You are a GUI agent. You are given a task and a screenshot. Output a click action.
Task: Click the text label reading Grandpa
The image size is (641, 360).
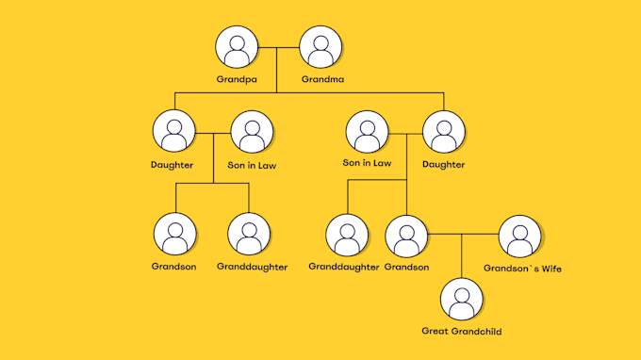(x=236, y=79)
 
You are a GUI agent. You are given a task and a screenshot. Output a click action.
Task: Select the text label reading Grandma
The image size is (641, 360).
(x=322, y=79)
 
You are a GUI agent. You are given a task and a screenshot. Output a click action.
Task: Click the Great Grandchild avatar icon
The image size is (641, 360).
(x=462, y=299)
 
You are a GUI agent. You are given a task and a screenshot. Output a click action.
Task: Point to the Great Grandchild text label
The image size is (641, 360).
(x=462, y=332)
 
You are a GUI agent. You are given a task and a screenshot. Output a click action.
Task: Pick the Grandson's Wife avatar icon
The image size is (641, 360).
(x=518, y=236)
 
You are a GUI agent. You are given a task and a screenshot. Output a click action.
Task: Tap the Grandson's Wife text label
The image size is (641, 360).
(x=522, y=268)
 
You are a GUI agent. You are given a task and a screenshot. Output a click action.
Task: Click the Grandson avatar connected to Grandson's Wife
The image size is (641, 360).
(x=406, y=236)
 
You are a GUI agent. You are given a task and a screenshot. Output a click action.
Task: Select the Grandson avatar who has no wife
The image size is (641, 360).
(x=174, y=234)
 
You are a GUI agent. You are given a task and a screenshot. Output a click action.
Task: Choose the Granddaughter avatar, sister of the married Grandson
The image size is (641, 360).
(x=348, y=236)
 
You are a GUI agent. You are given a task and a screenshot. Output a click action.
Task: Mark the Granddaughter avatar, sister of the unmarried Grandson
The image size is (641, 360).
(x=249, y=234)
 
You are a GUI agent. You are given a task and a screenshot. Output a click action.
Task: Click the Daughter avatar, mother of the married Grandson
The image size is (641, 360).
(x=443, y=133)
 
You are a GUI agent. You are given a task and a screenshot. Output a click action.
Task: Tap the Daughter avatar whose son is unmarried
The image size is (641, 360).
(x=173, y=133)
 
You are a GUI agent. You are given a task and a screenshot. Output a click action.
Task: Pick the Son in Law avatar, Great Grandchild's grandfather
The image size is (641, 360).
(x=366, y=133)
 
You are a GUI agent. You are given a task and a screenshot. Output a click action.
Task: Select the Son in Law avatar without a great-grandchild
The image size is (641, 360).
(x=252, y=133)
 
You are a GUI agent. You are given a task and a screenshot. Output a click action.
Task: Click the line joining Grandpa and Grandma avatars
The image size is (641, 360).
(x=278, y=47)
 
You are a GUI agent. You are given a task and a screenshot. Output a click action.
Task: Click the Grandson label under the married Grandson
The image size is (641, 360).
(x=407, y=267)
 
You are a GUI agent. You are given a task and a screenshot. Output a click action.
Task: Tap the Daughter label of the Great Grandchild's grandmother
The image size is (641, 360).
(x=443, y=165)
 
